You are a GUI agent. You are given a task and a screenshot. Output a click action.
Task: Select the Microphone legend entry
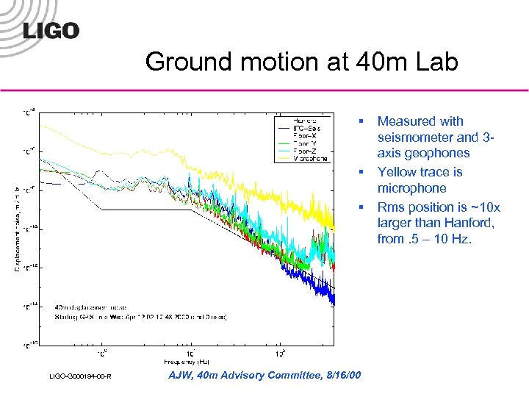pyautogui.click(x=309, y=158)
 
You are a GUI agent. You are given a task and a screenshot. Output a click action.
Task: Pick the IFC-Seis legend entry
pyautogui.click(x=308, y=128)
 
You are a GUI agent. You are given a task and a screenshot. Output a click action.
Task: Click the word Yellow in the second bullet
pyautogui.click(x=397, y=171)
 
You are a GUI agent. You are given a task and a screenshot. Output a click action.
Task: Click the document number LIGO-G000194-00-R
pyautogui.click(x=81, y=377)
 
